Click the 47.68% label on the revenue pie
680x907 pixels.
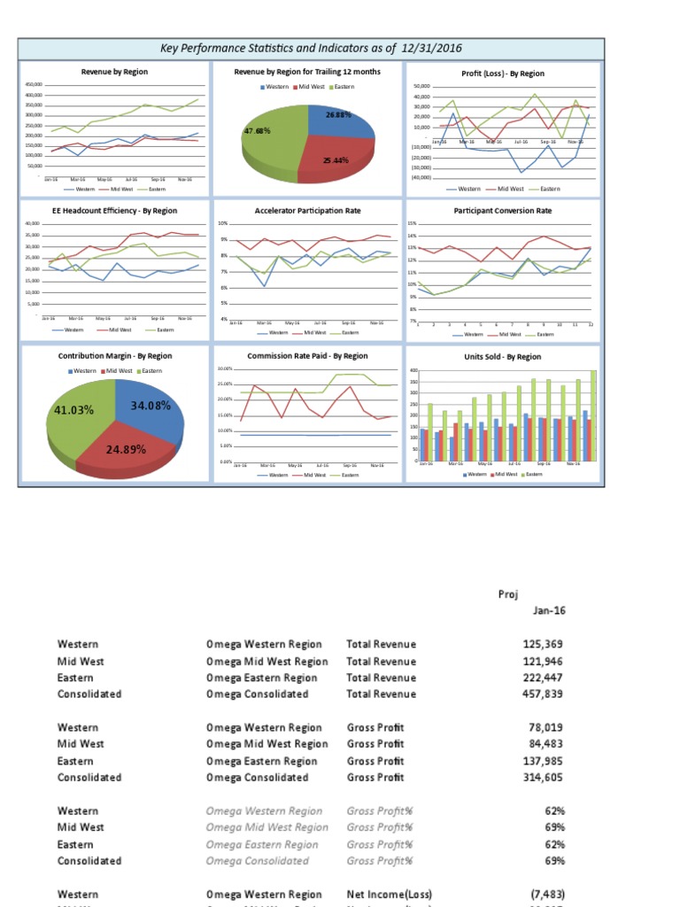click(257, 131)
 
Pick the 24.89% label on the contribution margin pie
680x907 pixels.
click(125, 449)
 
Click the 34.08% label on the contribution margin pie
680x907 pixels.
click(151, 405)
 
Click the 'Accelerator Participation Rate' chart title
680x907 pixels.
click(308, 211)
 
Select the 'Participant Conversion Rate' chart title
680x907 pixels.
click(502, 211)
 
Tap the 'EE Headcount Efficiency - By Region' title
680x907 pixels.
click(115, 211)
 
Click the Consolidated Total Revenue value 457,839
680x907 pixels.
click(544, 694)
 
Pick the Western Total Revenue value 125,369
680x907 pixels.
click(544, 644)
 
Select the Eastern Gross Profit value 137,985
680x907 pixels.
click(544, 761)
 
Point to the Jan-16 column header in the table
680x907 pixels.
click(549, 610)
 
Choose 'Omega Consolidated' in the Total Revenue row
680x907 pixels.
click(257, 694)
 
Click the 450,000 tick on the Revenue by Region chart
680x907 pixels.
click(35, 85)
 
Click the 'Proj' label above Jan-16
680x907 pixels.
click(508, 593)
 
